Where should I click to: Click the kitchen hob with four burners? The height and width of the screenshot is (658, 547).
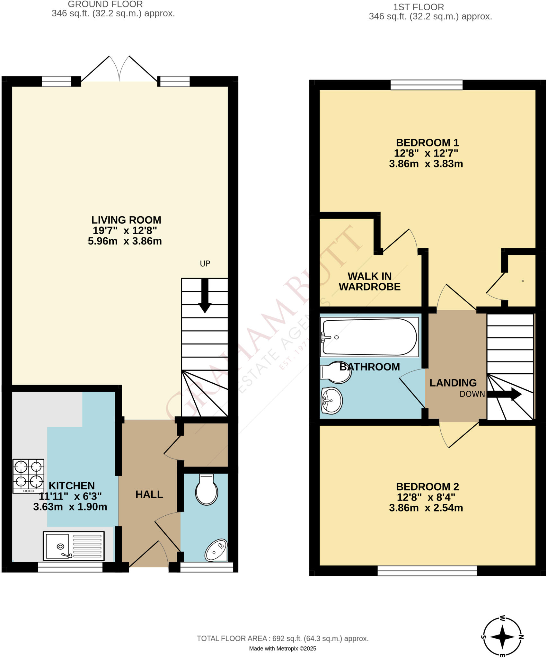click(x=28, y=476)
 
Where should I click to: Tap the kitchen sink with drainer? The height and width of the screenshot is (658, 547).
click(x=74, y=546)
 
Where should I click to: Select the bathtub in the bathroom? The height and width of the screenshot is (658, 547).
click(x=369, y=337)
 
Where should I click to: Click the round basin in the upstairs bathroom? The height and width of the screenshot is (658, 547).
click(x=331, y=401)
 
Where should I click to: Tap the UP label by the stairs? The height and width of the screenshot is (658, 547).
click(x=205, y=264)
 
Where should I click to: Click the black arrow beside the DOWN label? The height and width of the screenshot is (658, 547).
click(x=504, y=394)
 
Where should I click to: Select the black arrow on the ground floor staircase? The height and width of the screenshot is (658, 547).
click(x=205, y=296)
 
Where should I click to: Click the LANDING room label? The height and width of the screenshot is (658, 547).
click(x=453, y=383)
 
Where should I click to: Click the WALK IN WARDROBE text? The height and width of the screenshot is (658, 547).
click(x=369, y=281)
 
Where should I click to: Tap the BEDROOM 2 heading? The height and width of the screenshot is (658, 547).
click(x=427, y=487)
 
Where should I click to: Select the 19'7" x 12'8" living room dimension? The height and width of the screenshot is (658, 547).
click(x=125, y=231)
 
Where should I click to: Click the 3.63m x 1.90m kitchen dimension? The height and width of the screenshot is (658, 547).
click(x=70, y=507)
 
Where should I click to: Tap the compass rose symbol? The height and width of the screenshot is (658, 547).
click(x=503, y=637)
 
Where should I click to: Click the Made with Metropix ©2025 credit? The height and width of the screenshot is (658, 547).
click(x=282, y=649)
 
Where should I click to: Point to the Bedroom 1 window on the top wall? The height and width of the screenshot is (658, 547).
click(x=426, y=85)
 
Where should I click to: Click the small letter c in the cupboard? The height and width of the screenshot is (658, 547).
click(x=523, y=281)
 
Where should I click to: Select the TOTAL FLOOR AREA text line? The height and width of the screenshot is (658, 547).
click(x=282, y=639)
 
